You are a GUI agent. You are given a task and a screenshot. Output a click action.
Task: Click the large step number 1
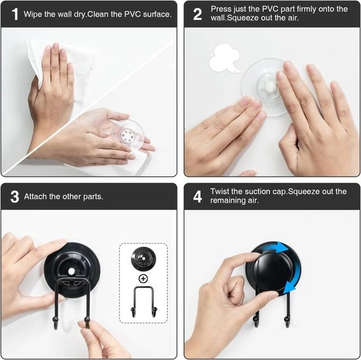pos(15,14)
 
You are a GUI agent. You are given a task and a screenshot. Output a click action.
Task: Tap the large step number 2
pos(197,14)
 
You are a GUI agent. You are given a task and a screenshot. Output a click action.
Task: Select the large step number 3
pos(15,197)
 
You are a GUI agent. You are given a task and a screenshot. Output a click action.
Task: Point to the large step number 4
pos(197,197)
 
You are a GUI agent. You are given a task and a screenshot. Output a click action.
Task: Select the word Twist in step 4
pos(220,191)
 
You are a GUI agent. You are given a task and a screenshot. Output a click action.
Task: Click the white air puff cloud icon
pos(224,59)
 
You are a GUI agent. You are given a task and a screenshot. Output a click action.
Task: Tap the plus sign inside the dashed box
pos(143,279)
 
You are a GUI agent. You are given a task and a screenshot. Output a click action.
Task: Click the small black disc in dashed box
pos(143,259)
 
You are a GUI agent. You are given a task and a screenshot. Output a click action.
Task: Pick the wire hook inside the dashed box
pos(144,301)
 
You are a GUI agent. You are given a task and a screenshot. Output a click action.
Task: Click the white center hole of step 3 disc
pos(71,272)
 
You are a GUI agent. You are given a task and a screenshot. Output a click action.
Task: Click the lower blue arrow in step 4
pos(294,279)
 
